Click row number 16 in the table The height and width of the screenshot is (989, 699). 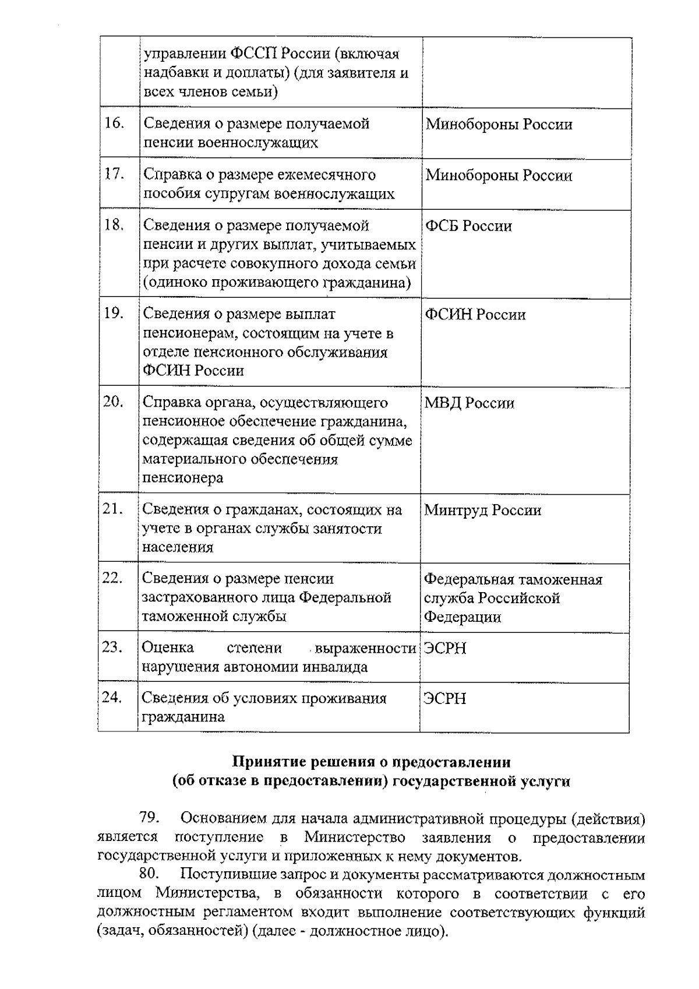click(x=114, y=124)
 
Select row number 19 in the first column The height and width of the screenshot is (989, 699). click(x=114, y=314)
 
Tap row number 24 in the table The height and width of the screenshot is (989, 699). click(x=112, y=697)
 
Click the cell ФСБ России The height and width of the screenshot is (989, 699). click(x=468, y=226)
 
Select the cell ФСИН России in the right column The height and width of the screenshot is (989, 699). click(x=475, y=315)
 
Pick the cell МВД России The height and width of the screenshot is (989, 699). click(x=469, y=403)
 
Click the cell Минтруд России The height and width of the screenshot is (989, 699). click(x=483, y=511)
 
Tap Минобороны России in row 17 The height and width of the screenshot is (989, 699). click(x=499, y=175)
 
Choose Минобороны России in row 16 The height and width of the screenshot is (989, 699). click(x=499, y=124)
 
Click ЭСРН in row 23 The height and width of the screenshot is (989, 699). click(x=445, y=649)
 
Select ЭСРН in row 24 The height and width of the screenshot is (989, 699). click(x=445, y=699)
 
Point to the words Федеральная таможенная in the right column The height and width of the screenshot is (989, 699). click(x=513, y=580)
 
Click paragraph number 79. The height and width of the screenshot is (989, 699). click(x=149, y=818)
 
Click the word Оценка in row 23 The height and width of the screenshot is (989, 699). click(x=168, y=648)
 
